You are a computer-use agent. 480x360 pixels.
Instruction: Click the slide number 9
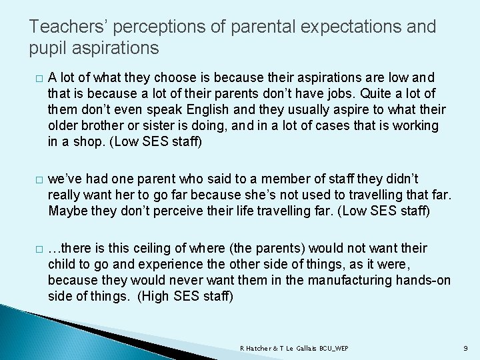(465, 349)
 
